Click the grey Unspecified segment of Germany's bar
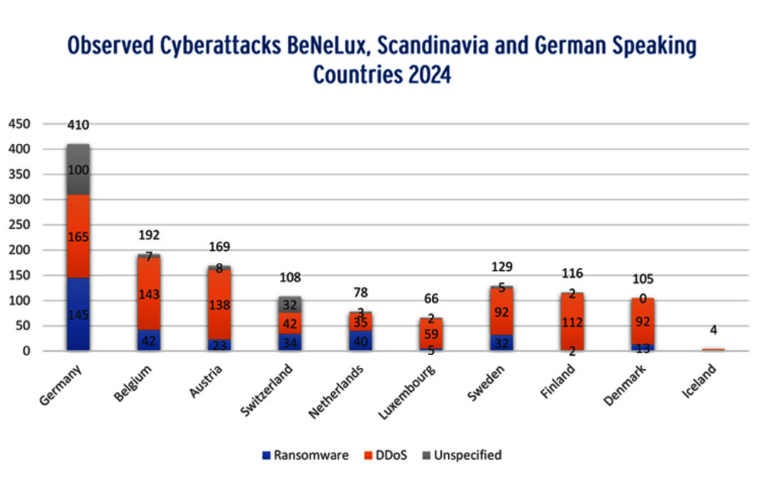click(78, 170)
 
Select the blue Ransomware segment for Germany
click(78, 314)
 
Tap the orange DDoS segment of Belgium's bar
click(149, 294)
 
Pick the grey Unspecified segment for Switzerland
click(289, 305)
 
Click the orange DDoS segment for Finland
click(571, 322)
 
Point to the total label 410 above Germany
click(78, 125)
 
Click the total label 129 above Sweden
click(501, 266)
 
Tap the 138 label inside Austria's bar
click(219, 305)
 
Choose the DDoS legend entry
click(386, 455)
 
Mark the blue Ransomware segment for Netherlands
click(360, 340)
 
